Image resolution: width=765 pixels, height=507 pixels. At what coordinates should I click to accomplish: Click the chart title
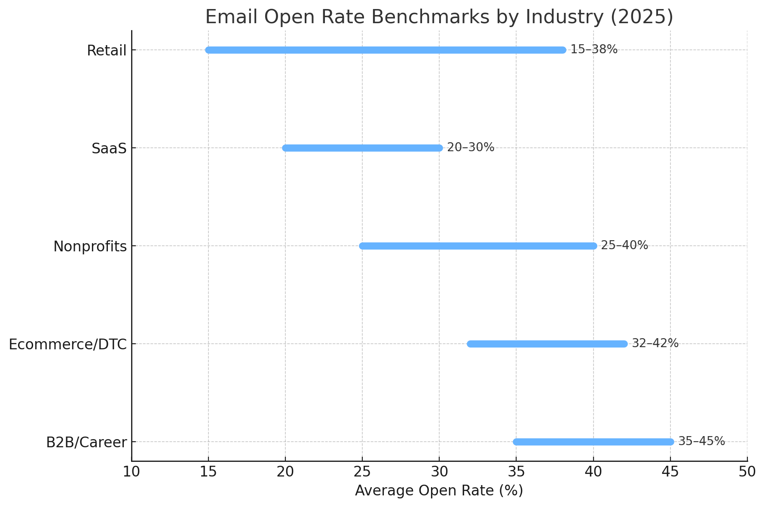(439, 17)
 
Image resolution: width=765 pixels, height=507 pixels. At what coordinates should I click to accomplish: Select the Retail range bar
(386, 50)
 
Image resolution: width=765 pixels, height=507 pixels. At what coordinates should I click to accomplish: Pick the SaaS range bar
(362, 148)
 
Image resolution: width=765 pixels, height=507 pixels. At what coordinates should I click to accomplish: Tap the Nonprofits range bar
(478, 246)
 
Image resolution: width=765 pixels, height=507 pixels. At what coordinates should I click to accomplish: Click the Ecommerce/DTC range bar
(547, 344)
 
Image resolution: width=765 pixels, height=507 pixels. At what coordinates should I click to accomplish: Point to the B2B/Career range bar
(593, 442)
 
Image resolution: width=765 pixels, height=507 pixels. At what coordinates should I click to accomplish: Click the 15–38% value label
(594, 49)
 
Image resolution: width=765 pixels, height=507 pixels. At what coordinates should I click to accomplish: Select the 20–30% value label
(471, 147)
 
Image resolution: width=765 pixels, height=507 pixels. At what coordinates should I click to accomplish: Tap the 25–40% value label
(624, 245)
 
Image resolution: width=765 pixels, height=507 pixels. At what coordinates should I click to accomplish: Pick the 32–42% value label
(655, 343)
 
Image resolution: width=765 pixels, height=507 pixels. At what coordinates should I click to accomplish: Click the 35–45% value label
(701, 441)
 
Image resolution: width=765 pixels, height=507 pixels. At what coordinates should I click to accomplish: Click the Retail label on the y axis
(107, 51)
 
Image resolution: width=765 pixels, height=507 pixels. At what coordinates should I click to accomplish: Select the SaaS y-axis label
(109, 149)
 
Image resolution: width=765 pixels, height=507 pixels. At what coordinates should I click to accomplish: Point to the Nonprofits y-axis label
(90, 247)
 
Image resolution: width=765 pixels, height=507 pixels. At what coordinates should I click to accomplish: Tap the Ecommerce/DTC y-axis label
(67, 345)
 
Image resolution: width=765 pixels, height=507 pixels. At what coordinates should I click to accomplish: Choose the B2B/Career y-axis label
(86, 443)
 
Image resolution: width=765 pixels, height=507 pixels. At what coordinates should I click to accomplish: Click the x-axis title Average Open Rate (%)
(439, 491)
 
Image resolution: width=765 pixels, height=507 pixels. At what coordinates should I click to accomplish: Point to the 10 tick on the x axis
(132, 472)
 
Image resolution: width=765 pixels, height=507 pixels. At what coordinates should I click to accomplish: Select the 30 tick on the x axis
(439, 472)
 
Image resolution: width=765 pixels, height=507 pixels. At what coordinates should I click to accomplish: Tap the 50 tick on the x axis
(747, 472)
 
